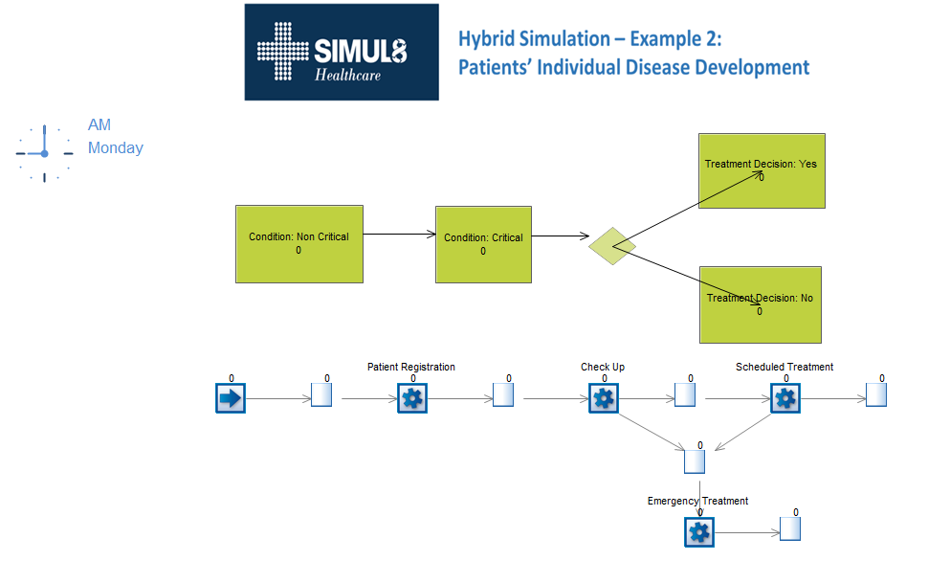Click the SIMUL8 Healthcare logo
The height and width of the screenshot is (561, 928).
[342, 52]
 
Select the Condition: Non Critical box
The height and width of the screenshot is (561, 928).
[299, 244]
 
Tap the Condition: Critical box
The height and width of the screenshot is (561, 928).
[483, 245]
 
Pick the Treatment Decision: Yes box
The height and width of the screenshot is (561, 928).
[762, 170]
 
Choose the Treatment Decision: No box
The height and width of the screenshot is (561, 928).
[761, 304]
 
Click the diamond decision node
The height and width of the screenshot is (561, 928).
[612, 246]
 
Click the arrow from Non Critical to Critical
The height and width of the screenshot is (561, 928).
[400, 234]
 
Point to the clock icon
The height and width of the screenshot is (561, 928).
[44, 153]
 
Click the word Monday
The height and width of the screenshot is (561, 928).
[116, 147]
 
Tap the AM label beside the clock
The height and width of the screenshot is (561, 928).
[99, 125]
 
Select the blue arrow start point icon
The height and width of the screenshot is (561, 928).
[231, 398]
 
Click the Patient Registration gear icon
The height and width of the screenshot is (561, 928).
[412, 398]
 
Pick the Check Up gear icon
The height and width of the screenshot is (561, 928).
[604, 398]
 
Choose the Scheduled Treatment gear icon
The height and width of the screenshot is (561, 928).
[785, 398]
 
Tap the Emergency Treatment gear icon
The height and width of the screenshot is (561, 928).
[699, 532]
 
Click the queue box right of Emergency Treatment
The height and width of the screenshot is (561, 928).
[790, 528]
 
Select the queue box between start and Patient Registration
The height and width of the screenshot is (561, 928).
[321, 394]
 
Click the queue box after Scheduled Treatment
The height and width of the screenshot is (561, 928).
[876, 394]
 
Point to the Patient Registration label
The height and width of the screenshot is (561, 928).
[411, 367]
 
